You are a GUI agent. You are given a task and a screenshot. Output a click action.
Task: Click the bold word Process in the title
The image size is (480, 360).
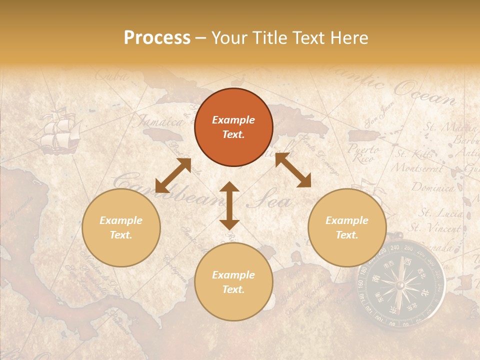pyautogui.click(x=157, y=38)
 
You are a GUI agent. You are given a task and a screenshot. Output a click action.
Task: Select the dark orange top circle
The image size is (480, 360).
pyautogui.click(x=233, y=127)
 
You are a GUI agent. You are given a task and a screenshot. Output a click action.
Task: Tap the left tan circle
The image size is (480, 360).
pyautogui.click(x=121, y=228)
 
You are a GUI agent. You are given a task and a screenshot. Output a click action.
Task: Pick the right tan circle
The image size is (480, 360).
pyautogui.click(x=347, y=228)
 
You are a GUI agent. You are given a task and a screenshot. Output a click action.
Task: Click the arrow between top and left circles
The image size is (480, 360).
pyautogui.click(x=173, y=175)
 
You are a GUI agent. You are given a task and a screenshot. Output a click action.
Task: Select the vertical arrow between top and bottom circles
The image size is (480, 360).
pyautogui.click(x=229, y=205)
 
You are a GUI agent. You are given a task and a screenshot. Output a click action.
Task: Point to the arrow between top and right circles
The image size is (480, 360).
pyautogui.click(x=293, y=170)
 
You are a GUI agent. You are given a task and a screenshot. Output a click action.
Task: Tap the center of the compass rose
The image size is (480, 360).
pyautogui.click(x=400, y=285)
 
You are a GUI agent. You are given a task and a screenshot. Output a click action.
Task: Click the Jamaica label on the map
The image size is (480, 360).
pyautogui.click(x=160, y=121)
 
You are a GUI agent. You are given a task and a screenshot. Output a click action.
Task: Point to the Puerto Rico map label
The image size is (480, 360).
pyautogui.click(x=363, y=153)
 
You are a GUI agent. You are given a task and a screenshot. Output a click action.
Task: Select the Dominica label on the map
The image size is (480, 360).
pyautogui.click(x=433, y=187)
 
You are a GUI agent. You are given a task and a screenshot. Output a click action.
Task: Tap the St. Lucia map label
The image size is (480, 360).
pyautogui.click(x=440, y=213)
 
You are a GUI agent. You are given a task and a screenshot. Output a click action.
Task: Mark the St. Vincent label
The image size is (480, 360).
pyautogui.click(x=435, y=228)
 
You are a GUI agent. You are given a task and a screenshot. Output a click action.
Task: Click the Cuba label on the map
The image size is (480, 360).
pyautogui.click(x=110, y=76)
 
